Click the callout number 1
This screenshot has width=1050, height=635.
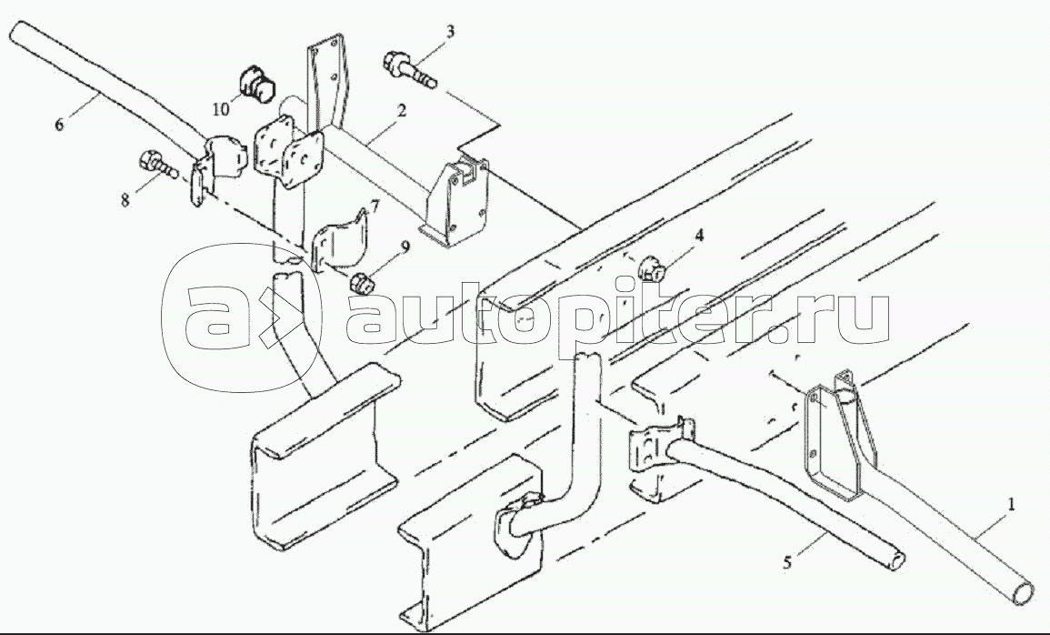1011,504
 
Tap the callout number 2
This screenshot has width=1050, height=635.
400,111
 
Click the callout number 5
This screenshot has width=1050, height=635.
787,561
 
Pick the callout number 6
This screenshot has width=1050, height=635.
59,124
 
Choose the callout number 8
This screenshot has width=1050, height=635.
125,199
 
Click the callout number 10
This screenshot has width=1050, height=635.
221,108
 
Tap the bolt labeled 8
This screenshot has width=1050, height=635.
158,166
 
